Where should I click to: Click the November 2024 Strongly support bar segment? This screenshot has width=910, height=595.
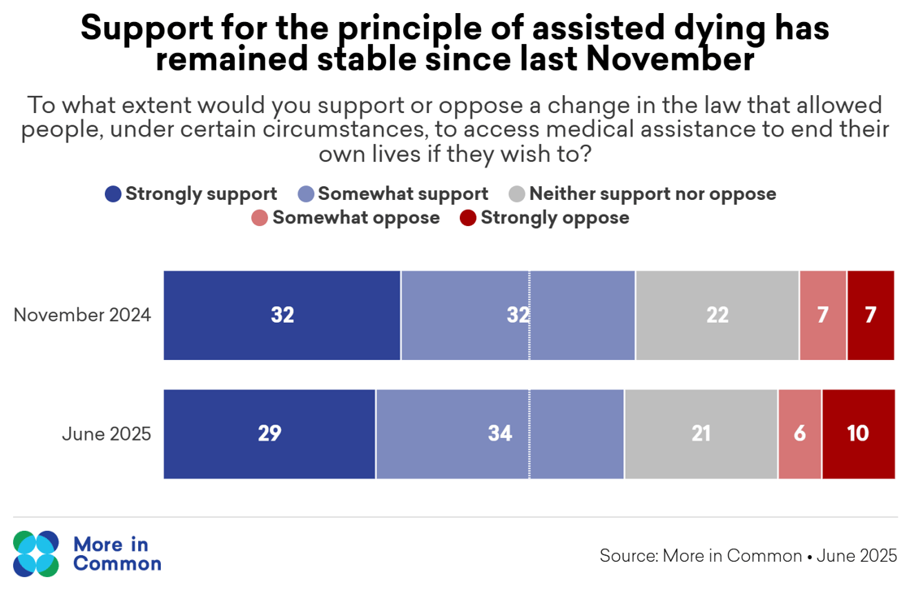click(x=282, y=315)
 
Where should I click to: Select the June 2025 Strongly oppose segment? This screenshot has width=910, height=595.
click(x=858, y=434)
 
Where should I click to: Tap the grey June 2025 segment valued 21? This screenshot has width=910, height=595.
click(x=701, y=434)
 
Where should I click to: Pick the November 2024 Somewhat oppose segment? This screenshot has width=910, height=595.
click(x=823, y=315)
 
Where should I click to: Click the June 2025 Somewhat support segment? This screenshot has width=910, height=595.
click(x=500, y=434)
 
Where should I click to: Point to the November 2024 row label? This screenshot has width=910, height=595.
click(x=82, y=315)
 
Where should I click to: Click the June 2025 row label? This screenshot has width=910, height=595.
click(x=106, y=434)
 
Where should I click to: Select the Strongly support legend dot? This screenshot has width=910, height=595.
click(x=114, y=194)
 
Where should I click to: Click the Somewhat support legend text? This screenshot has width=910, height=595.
click(x=403, y=194)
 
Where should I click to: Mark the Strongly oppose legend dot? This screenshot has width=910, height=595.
click(x=468, y=218)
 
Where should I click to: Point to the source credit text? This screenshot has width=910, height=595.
click(x=748, y=556)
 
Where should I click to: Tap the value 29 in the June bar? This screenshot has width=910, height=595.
click(x=270, y=434)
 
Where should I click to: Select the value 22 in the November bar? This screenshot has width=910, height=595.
click(x=717, y=315)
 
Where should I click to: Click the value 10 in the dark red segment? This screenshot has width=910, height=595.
click(x=858, y=434)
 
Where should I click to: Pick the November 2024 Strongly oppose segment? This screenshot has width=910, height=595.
click(x=871, y=315)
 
